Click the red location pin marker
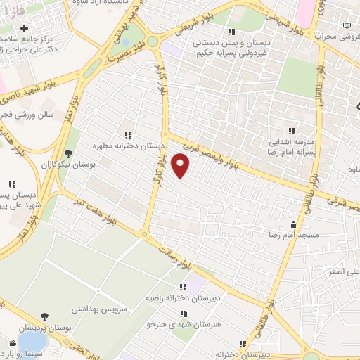click(181, 167)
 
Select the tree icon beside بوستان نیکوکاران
click(68, 153)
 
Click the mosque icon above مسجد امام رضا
click(293, 225)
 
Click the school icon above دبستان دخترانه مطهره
click(127, 134)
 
